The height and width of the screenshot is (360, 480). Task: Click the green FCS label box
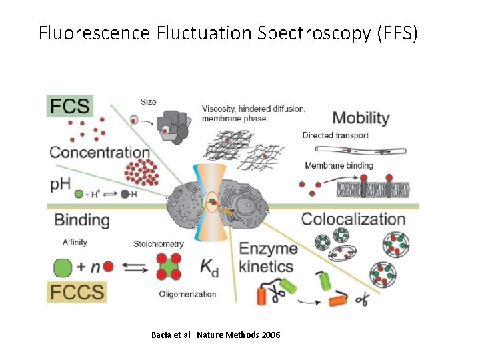[69, 105]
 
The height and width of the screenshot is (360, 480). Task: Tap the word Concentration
[99, 152]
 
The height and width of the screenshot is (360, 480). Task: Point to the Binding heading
[81, 220]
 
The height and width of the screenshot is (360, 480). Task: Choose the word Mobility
[361, 118]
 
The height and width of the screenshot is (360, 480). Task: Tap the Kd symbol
[209, 267]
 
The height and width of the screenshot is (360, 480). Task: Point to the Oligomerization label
[188, 294]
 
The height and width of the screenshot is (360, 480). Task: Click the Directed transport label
[335, 135]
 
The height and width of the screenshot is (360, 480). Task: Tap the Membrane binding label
[339, 165]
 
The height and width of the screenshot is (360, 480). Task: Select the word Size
[148, 102]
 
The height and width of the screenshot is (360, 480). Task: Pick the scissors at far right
[361, 300]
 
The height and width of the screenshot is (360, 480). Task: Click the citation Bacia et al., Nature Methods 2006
[216, 334]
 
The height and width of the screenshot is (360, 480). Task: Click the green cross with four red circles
[170, 267]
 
